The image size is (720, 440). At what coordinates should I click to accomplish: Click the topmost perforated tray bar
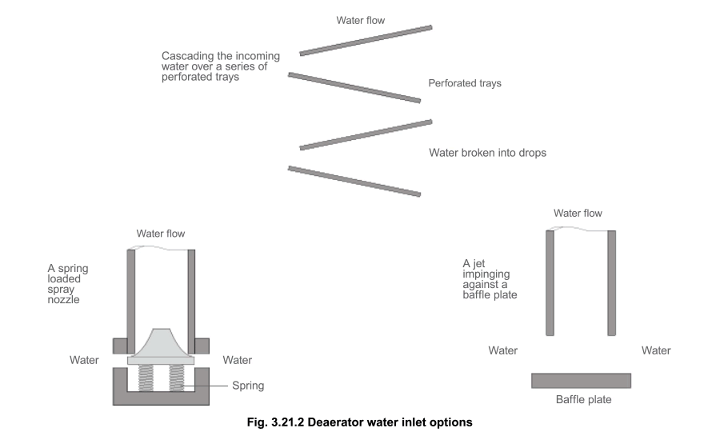366,41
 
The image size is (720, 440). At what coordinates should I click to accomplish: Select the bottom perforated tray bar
354,181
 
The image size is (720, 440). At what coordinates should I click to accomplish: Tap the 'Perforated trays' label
465,83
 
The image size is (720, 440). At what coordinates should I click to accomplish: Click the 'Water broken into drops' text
487,152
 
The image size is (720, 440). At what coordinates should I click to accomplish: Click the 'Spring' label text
248,386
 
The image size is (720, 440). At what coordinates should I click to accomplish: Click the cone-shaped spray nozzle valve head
161,344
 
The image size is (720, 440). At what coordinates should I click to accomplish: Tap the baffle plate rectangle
581,380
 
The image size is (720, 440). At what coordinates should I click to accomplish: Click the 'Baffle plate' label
583,398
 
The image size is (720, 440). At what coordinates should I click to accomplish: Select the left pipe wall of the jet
550,282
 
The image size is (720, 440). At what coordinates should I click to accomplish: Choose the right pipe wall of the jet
612,282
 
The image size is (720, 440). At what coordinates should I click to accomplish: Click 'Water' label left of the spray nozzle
84,360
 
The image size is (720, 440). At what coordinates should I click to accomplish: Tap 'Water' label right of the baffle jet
656,350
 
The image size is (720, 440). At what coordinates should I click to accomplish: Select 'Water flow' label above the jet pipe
578,214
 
